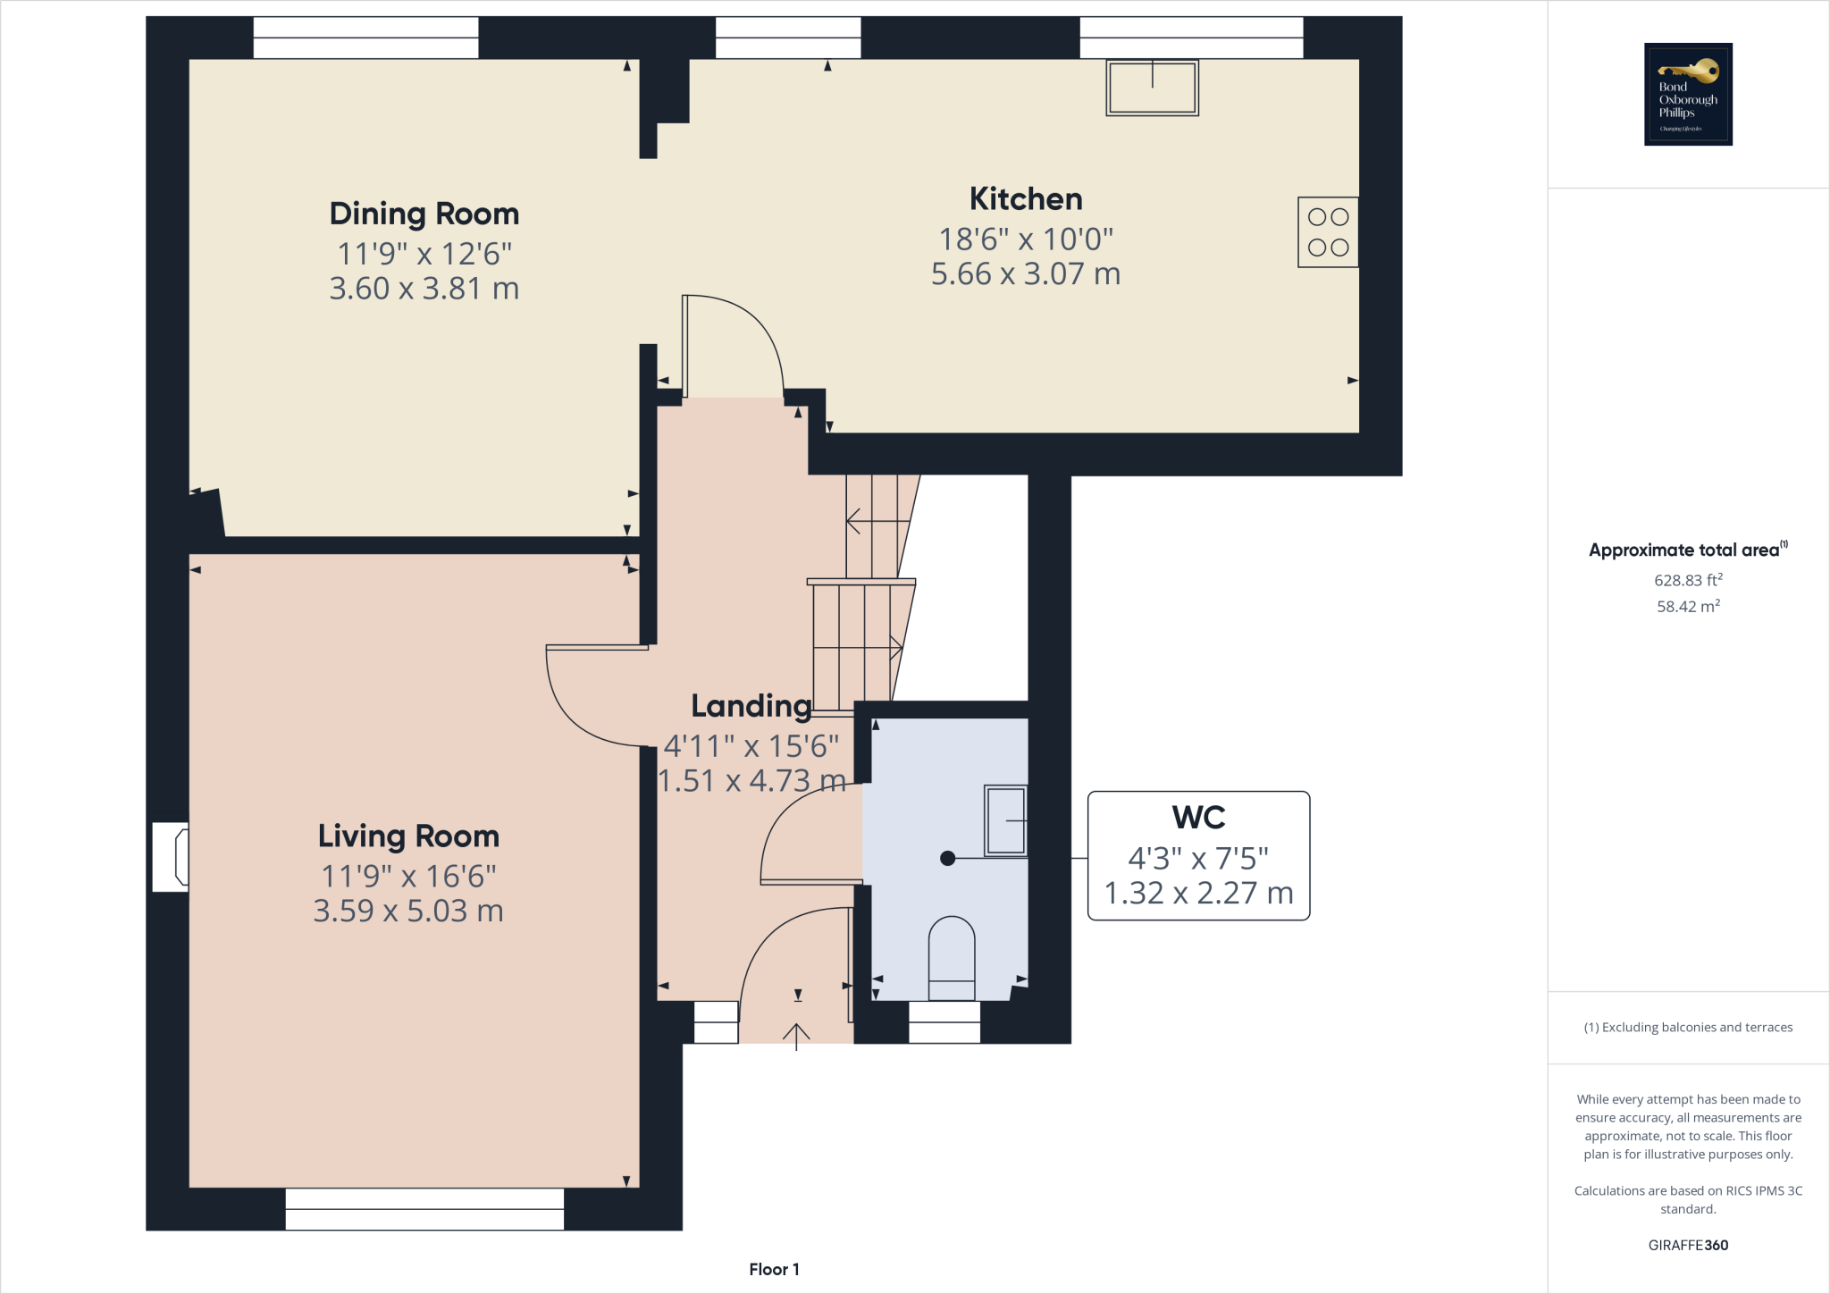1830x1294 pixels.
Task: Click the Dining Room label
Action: tap(424, 214)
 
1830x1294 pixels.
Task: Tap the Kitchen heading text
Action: tap(1025, 199)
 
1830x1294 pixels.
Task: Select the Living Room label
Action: tap(408, 836)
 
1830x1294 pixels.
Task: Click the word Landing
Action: tap(751, 706)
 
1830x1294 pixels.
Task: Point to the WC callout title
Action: tap(1198, 818)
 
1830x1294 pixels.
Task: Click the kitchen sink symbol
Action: tap(1152, 88)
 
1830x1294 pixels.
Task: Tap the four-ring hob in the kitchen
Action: tap(1328, 232)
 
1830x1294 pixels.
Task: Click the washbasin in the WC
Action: tap(1005, 820)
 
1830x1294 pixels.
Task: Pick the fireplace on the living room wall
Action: tap(172, 857)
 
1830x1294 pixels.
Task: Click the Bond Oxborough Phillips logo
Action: tap(1688, 94)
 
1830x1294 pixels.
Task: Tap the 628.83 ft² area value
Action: tap(1688, 580)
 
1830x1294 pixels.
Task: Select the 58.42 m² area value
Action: tap(1688, 607)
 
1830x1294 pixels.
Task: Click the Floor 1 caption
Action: tap(774, 1269)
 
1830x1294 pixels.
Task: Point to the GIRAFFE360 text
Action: tap(1688, 1245)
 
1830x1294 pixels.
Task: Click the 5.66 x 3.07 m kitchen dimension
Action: tap(1025, 274)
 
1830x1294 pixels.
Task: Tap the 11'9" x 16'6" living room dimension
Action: tap(408, 877)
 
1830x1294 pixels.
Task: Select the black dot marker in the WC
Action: tap(948, 858)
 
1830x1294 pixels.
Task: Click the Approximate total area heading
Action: tap(1684, 550)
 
